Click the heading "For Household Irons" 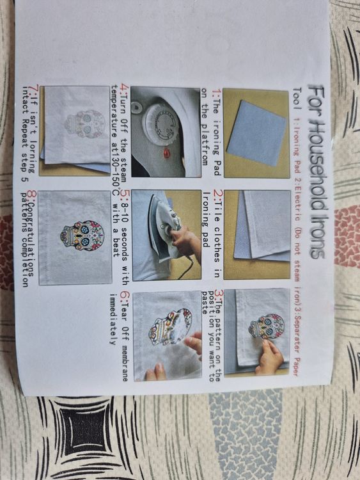tap(316, 172)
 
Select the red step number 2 tap(217, 194)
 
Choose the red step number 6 tap(125, 296)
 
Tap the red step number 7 tap(35, 90)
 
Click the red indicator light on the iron tap(167, 152)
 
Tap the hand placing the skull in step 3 tap(270, 355)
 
